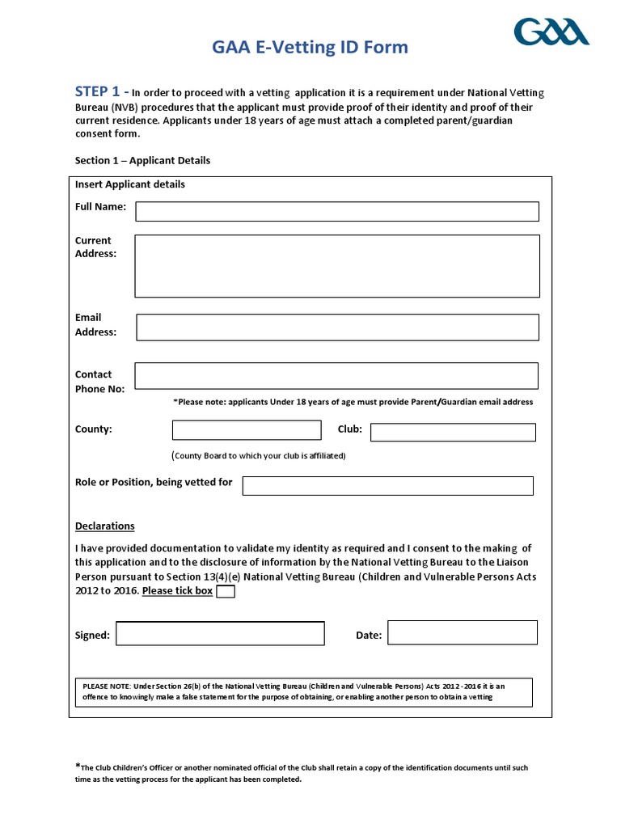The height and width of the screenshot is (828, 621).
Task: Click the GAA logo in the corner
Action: coord(552,32)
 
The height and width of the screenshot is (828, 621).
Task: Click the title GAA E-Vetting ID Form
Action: coord(310,48)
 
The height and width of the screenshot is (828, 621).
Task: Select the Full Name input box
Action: coord(337,211)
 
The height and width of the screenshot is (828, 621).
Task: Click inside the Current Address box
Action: coord(337,266)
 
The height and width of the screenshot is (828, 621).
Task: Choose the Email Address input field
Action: coord(337,327)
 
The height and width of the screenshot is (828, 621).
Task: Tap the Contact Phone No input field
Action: coord(336,376)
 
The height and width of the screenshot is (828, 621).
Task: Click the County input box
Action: coord(247,430)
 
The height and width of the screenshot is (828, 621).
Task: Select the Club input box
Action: coord(453,433)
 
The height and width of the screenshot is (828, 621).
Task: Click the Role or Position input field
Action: coord(387,485)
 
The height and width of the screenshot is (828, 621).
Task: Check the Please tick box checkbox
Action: coord(226,591)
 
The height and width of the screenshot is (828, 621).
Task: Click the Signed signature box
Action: coord(220,633)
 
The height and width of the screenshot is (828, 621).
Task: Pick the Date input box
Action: coord(463,632)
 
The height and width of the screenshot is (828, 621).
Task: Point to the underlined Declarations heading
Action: coord(105,526)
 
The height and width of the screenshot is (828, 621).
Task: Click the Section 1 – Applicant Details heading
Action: coord(142,160)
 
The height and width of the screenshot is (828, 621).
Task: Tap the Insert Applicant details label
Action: coord(130,184)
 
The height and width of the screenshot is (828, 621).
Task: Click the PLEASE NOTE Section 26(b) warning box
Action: coord(303,692)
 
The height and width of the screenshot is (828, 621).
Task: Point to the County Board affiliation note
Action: coord(259,455)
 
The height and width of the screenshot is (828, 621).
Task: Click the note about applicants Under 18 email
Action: coord(353,402)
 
